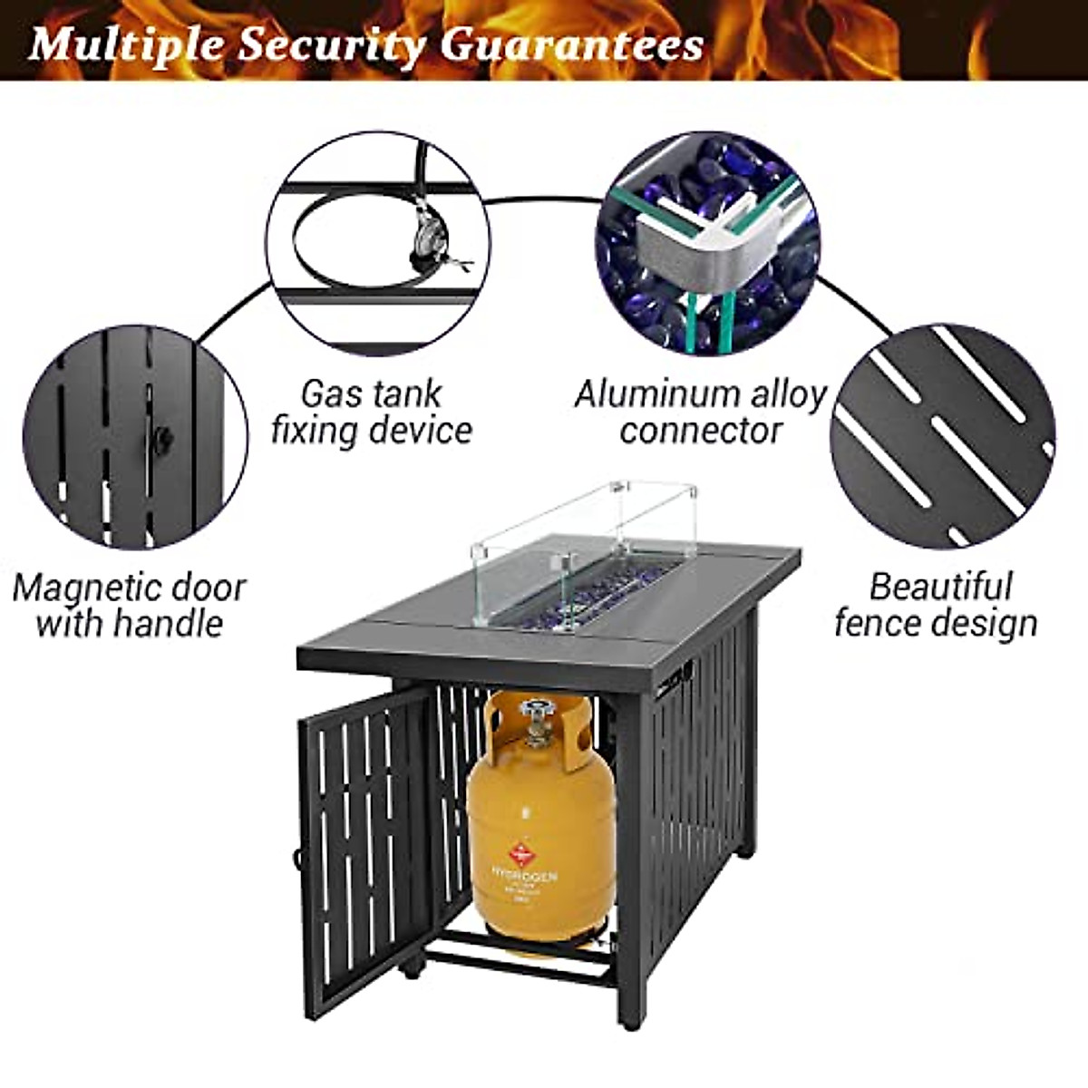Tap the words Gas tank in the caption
(x=371, y=393)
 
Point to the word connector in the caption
(x=701, y=431)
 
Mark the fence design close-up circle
(x=942, y=436)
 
